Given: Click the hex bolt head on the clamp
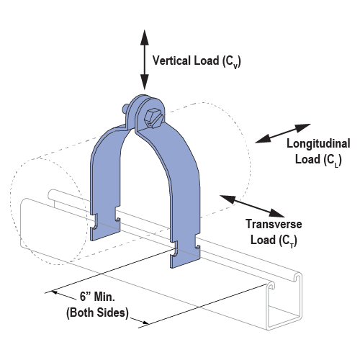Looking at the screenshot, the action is click(x=153, y=118).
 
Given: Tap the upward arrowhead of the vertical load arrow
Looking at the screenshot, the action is click(x=145, y=37).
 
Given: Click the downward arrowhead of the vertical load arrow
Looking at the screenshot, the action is click(x=145, y=82).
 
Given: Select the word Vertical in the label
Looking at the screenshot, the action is click(x=172, y=60).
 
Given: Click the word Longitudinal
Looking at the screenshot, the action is click(x=318, y=144).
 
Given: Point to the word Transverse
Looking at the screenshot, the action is click(x=274, y=224).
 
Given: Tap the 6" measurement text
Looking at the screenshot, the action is click(x=85, y=297).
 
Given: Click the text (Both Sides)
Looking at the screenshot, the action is click(x=97, y=312).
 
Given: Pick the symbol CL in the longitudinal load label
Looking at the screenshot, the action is click(x=333, y=160).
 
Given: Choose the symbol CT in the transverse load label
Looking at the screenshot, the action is click(x=288, y=240).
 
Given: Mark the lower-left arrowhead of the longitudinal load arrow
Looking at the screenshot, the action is click(x=263, y=140).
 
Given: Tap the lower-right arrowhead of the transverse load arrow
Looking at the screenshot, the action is click(x=276, y=213).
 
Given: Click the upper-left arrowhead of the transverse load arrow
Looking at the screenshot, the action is click(x=228, y=199).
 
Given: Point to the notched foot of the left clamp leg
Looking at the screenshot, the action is click(x=105, y=225).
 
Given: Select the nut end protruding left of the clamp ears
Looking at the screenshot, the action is click(x=125, y=108).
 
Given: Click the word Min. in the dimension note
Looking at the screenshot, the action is click(x=104, y=297).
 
